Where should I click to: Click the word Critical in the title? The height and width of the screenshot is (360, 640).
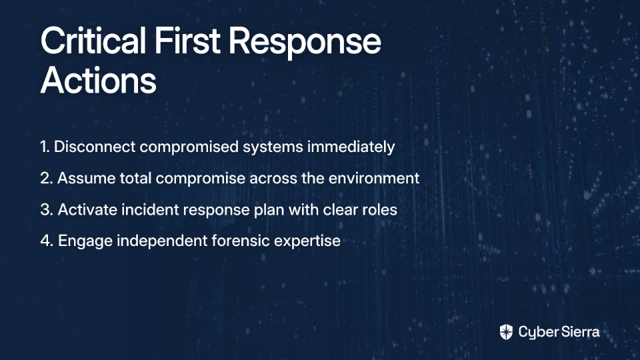click(93, 41)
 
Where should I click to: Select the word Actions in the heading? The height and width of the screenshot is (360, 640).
click(99, 80)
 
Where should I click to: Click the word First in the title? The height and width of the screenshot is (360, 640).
click(187, 41)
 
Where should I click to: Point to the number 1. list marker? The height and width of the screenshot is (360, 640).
click(45, 147)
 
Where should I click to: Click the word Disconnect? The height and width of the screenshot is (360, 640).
click(95, 147)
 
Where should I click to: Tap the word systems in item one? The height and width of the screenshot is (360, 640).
click(273, 148)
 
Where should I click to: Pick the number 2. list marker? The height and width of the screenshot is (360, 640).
click(47, 179)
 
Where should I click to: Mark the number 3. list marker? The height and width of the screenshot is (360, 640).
click(47, 210)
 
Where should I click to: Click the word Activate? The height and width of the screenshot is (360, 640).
click(87, 210)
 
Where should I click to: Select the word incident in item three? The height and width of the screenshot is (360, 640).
click(150, 210)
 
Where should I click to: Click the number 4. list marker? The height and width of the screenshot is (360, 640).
click(47, 241)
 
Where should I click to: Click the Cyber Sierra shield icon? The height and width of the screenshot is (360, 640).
click(506, 332)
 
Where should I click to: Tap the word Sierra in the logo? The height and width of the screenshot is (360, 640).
click(579, 332)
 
